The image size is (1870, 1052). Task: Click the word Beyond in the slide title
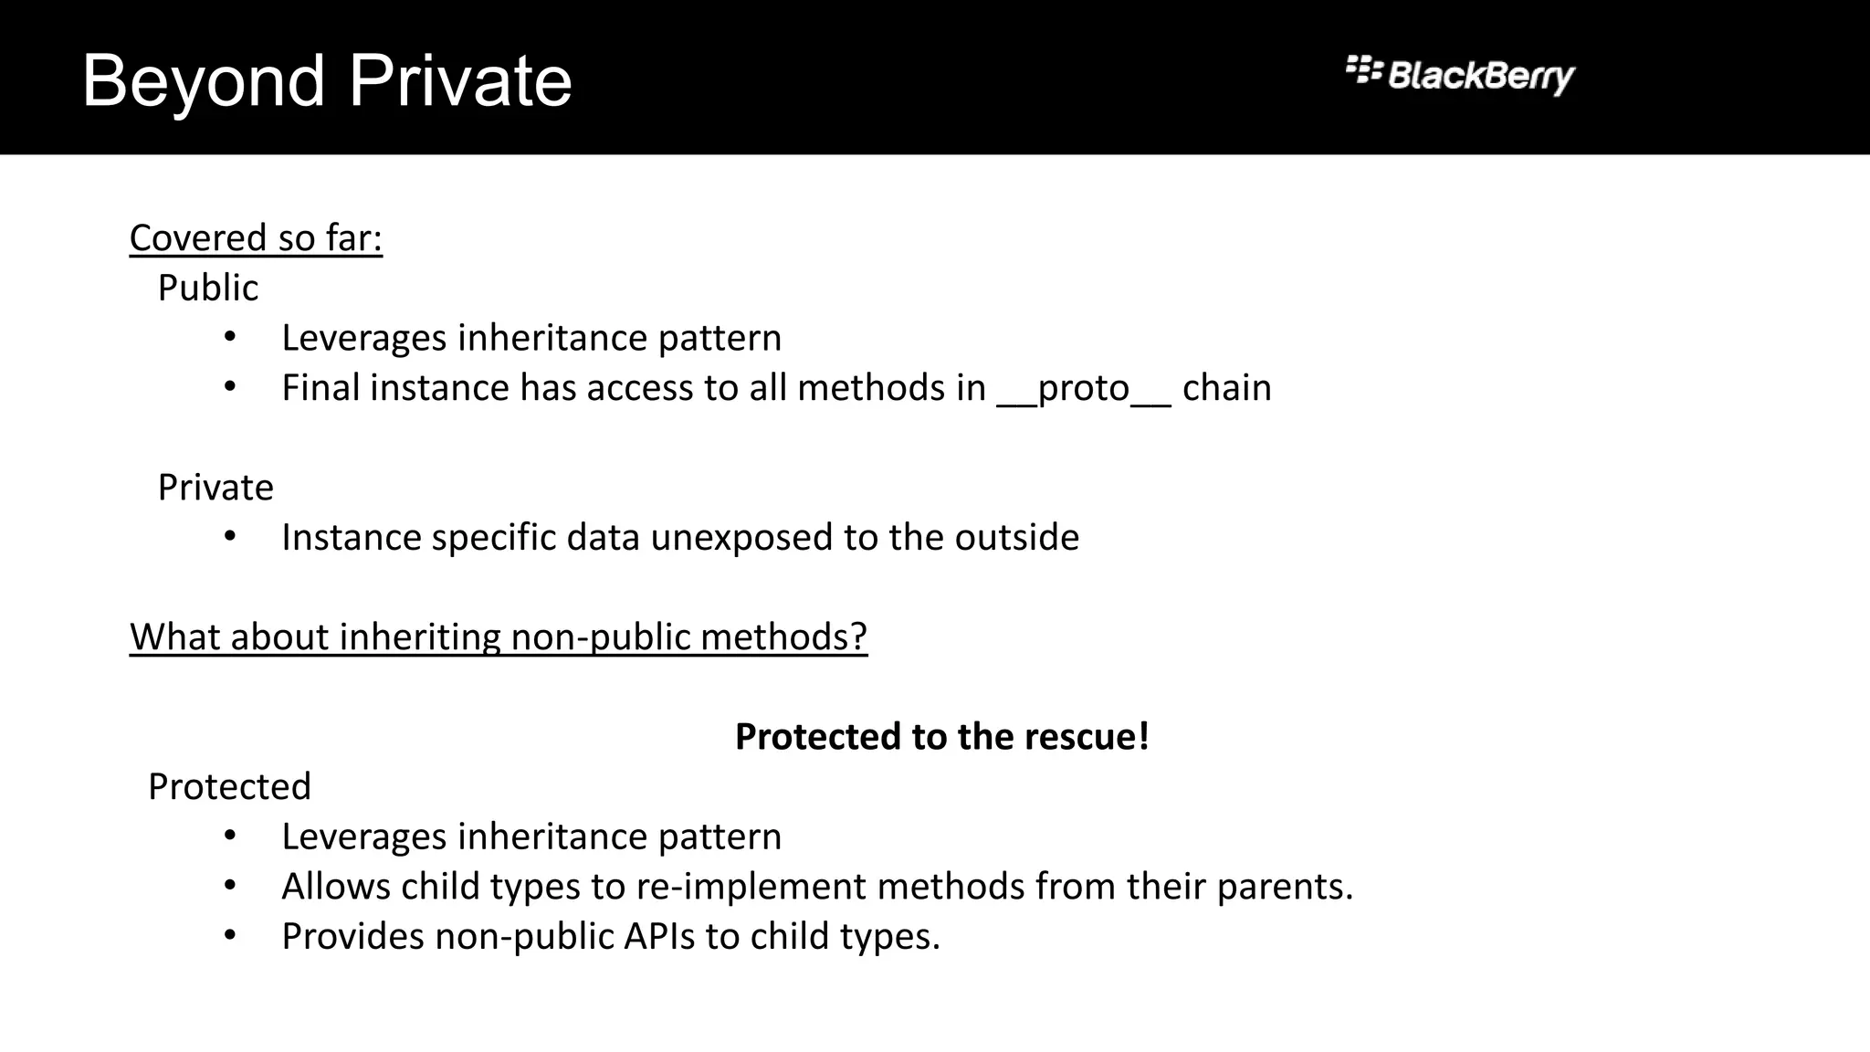click(203, 82)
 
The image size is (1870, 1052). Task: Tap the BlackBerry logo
click(1460, 74)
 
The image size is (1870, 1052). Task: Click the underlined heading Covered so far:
click(256, 238)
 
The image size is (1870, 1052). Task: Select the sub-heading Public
click(207, 289)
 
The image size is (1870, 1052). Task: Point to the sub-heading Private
click(215, 488)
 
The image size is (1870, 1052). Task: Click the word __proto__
click(1083, 389)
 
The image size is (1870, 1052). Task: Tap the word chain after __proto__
click(1226, 389)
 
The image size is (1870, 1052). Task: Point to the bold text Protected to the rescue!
click(941, 737)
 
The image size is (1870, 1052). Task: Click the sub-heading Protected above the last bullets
click(229, 787)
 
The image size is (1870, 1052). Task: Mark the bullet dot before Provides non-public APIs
click(229, 936)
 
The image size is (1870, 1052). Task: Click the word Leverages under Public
click(363, 339)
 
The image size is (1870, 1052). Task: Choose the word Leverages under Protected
click(363, 837)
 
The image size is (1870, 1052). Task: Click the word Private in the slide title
click(460, 82)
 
